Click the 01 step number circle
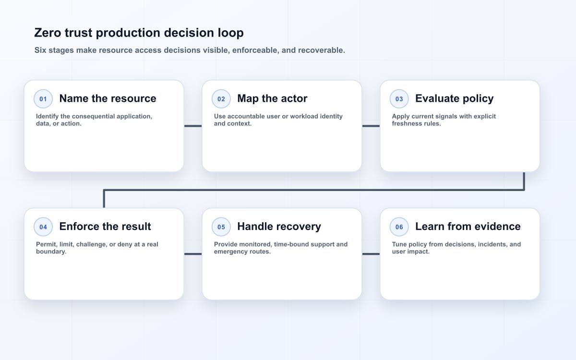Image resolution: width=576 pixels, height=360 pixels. pyautogui.click(x=43, y=99)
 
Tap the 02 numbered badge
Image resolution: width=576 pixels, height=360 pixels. pyautogui.click(x=221, y=99)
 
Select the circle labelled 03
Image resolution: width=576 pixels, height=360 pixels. pyautogui.click(x=399, y=99)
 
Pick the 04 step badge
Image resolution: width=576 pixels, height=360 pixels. pyautogui.click(x=43, y=227)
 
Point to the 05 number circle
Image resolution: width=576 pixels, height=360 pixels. pyautogui.click(x=221, y=227)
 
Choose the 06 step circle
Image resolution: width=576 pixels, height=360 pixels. pyautogui.click(x=399, y=227)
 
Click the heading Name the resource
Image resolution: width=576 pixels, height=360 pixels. pyautogui.click(x=108, y=98)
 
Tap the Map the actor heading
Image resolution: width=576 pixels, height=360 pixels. pyautogui.click(x=272, y=98)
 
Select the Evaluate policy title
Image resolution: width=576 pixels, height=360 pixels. pyautogui.click(x=455, y=99)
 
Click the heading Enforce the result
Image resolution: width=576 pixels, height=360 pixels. pyautogui.click(x=105, y=227)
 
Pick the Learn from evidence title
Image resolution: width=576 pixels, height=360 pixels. pyautogui.click(x=468, y=227)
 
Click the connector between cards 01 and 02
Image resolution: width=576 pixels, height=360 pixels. pyautogui.click(x=193, y=126)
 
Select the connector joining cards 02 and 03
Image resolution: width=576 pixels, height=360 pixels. pyautogui.click(x=371, y=126)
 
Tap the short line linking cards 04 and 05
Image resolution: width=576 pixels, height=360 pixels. pyautogui.click(x=193, y=254)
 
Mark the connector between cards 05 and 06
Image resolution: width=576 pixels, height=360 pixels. pyautogui.click(x=371, y=254)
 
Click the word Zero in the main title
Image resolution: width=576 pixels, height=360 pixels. pyautogui.click(x=48, y=33)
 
